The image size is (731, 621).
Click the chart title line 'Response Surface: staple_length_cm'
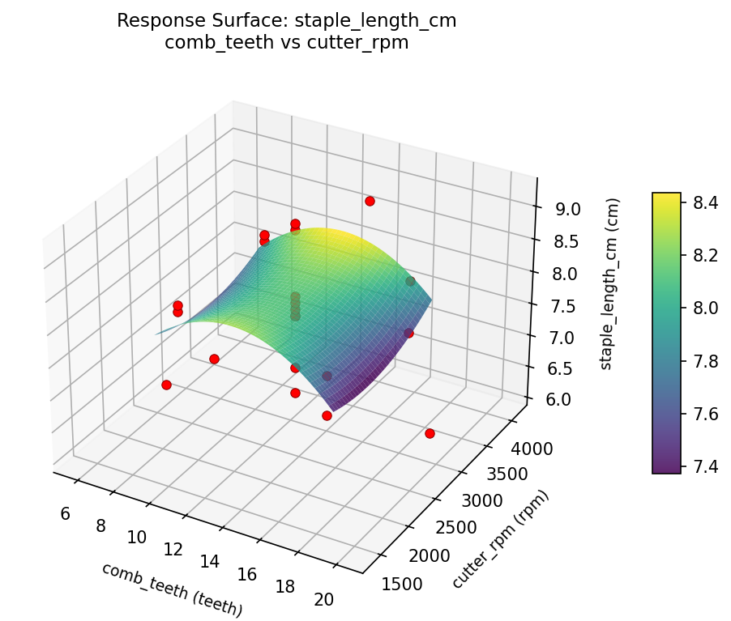click(x=286, y=21)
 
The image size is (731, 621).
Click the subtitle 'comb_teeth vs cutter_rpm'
click(x=286, y=43)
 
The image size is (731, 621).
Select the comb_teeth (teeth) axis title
click(x=172, y=589)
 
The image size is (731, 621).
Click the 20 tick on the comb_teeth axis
click(x=323, y=599)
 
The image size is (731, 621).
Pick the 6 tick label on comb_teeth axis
click(x=65, y=513)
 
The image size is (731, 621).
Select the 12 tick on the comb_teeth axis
click(x=173, y=550)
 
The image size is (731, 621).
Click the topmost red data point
click(x=370, y=201)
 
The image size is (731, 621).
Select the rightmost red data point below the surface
click(x=430, y=434)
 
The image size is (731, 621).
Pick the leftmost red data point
click(x=166, y=385)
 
